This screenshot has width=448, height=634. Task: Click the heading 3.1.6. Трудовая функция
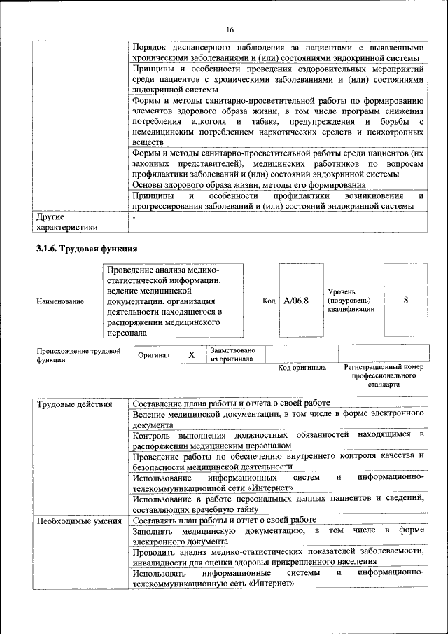(86, 249)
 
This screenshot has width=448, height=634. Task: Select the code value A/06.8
(297, 301)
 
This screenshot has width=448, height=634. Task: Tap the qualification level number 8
(406, 301)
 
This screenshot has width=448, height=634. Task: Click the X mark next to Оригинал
(191, 355)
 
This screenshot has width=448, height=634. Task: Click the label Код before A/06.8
(269, 301)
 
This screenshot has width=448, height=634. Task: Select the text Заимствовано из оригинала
(233, 354)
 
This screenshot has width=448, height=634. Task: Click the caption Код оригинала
(302, 367)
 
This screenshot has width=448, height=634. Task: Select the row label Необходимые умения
(78, 521)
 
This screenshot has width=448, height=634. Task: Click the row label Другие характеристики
(67, 222)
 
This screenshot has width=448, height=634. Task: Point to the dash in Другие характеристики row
(135, 217)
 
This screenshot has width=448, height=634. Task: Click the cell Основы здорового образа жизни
(248, 184)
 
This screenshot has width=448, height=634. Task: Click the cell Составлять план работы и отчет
(225, 521)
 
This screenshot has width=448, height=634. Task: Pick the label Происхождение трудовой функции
(78, 355)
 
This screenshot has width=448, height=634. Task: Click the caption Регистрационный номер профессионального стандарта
(384, 375)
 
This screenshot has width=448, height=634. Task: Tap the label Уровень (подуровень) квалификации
(351, 300)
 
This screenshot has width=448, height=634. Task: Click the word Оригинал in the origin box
(154, 356)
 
